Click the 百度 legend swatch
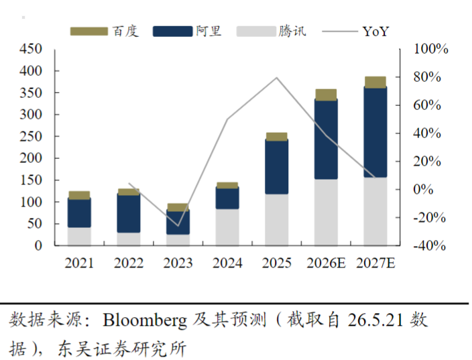88,32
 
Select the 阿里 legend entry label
209,31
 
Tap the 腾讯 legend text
292,31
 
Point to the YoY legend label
375,32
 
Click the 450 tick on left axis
31,49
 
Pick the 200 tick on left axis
31,158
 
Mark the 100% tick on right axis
430,49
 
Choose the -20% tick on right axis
429,217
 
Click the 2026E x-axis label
326,263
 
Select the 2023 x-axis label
178,263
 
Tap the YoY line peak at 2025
277,78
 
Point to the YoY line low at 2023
178,226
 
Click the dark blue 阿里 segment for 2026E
326,139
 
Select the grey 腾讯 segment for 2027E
375,212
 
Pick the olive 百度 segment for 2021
79,195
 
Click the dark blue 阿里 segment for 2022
129,213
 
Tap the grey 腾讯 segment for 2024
227,227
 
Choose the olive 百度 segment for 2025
277,137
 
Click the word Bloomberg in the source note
145,320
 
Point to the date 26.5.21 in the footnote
375,320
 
